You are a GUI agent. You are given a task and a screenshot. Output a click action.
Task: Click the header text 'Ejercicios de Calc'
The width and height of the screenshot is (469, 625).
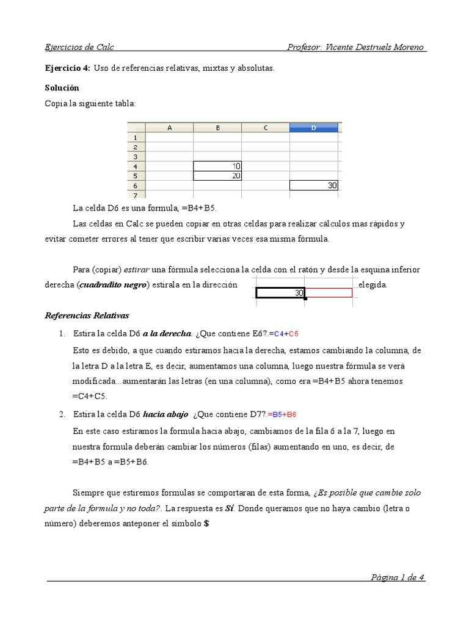click(79, 48)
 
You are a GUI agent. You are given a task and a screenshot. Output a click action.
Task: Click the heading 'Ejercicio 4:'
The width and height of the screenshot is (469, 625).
click(67, 68)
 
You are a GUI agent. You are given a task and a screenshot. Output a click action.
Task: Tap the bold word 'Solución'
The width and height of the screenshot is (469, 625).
click(62, 88)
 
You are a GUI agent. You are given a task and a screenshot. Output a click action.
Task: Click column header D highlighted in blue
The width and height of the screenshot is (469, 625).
click(313, 128)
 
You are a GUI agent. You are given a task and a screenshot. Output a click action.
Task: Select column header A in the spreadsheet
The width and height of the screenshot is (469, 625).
click(169, 128)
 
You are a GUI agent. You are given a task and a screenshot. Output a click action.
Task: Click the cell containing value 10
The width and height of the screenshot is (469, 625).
click(217, 166)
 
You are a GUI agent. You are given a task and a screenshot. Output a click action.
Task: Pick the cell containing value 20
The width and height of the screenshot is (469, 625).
click(217, 176)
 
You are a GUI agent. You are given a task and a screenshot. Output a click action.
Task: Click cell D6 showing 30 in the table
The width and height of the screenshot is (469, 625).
click(314, 186)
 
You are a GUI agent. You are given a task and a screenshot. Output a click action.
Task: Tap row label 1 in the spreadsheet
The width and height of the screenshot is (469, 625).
click(136, 137)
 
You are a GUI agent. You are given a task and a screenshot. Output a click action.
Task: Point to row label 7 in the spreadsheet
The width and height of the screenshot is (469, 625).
click(136, 195)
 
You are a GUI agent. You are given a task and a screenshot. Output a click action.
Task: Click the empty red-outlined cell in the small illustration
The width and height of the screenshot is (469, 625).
click(329, 293)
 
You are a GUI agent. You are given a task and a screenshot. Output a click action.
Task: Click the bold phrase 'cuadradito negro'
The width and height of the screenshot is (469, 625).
click(113, 286)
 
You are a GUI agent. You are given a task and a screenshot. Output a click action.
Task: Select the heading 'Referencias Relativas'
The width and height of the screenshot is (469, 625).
click(87, 316)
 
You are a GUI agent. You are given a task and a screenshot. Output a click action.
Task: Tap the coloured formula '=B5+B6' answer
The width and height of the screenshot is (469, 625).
click(282, 414)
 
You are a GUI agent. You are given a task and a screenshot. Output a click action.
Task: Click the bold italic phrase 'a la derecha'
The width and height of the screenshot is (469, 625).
click(167, 334)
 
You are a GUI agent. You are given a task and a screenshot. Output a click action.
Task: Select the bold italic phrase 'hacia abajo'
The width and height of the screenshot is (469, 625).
click(165, 414)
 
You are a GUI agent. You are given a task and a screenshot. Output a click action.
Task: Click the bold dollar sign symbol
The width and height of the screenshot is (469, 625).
click(206, 524)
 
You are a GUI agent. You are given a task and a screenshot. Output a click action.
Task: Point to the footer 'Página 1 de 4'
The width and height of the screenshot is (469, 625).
click(398, 577)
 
